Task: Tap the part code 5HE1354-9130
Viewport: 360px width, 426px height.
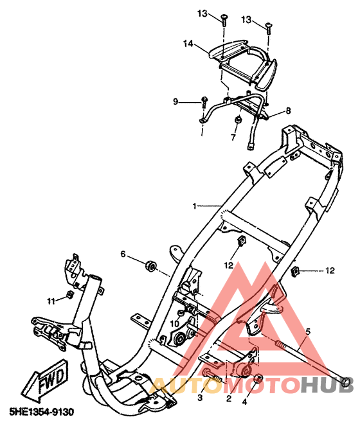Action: (42, 412)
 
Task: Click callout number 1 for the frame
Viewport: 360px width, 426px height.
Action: (194, 206)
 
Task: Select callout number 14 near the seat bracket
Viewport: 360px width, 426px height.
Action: (188, 44)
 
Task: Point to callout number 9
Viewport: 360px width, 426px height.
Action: (175, 102)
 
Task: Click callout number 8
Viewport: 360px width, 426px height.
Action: (288, 111)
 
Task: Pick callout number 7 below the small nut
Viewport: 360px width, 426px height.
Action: (233, 138)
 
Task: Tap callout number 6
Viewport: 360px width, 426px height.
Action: (123, 254)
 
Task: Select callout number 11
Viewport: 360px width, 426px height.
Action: (51, 301)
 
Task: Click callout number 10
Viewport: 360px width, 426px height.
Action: (174, 324)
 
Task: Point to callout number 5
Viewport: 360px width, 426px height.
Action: (308, 332)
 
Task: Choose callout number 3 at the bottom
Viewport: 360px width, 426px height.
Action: (200, 398)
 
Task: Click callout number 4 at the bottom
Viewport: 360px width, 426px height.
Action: (244, 402)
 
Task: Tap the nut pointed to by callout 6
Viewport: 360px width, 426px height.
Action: (150, 265)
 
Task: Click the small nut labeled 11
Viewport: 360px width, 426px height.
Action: (70, 294)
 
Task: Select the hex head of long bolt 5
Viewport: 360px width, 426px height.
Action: (345, 382)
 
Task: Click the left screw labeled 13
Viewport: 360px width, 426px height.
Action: (224, 20)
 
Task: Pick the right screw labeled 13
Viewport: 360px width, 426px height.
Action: (268, 28)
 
